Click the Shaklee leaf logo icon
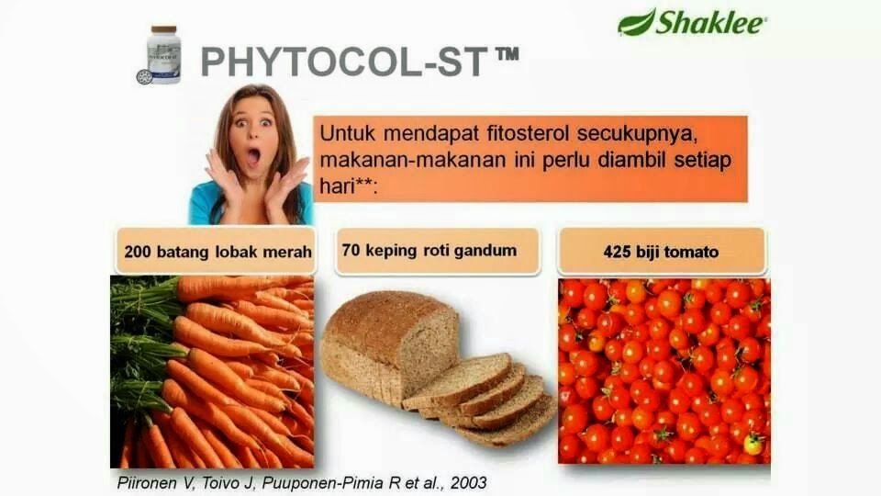[x=637, y=21]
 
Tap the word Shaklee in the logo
[x=710, y=22]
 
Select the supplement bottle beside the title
[x=163, y=55]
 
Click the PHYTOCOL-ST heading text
[x=344, y=62]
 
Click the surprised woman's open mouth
[x=254, y=156]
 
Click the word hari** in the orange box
[x=350, y=186]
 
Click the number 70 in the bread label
[x=350, y=249]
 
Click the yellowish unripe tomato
[x=753, y=444]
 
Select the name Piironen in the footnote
[x=147, y=482]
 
